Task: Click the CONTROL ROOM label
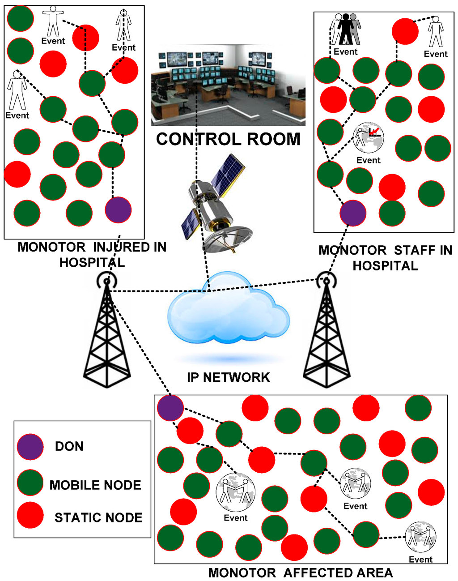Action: [228, 139]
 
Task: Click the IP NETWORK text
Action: [228, 377]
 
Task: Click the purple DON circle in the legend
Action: [30, 446]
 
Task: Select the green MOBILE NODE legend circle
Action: [30, 483]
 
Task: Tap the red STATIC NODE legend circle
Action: [30, 515]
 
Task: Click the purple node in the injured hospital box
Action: [118, 209]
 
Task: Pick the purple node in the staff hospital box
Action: [353, 213]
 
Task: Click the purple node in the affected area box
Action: [170, 408]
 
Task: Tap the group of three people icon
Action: [346, 29]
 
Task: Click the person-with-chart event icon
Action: [368, 137]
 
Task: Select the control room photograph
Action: [228, 85]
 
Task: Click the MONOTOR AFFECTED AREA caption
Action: [301, 573]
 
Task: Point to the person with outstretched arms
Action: [53, 21]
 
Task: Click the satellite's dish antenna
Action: [228, 237]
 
